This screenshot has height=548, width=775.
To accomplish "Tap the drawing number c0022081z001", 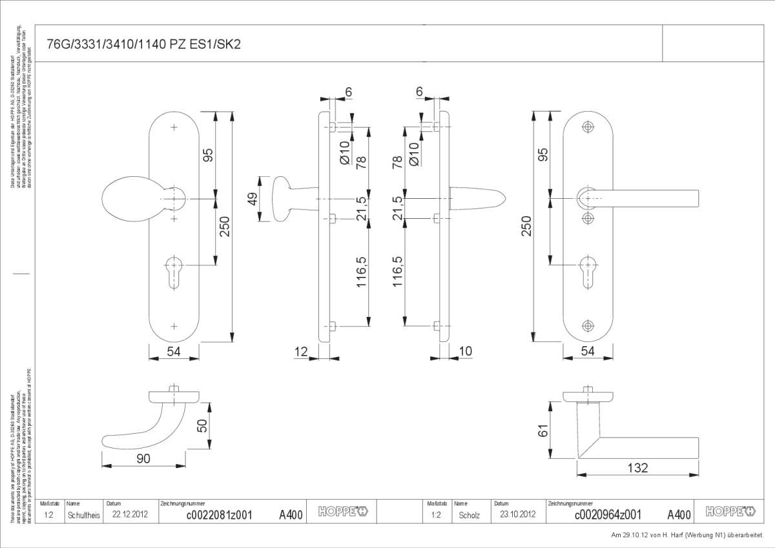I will [219, 514].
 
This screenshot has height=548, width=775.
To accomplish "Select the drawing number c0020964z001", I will [607, 514].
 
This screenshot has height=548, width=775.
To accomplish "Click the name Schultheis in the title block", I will [83, 515].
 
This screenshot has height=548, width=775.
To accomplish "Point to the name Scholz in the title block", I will [470, 515].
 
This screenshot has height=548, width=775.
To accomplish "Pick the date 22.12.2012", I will [130, 515].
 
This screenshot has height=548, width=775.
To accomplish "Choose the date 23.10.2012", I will [517, 515].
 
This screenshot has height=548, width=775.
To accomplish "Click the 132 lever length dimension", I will [637, 468].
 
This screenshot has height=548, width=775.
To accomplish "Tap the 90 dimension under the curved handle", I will [143, 458].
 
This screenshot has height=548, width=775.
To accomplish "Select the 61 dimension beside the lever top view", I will [544, 431].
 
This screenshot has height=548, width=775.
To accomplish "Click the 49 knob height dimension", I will [253, 199].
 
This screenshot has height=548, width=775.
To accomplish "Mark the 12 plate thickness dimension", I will [300, 351].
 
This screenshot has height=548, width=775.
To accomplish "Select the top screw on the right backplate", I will [587, 127].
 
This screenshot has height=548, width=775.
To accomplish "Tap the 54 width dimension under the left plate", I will [173, 351].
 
